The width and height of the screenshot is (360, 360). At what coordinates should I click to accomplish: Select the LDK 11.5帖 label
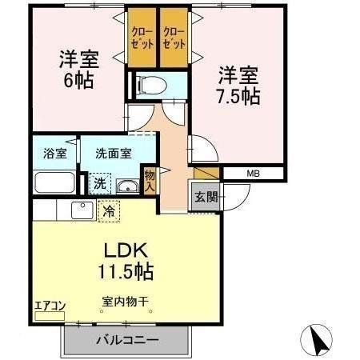126,260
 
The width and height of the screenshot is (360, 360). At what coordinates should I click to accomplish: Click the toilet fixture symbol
150,84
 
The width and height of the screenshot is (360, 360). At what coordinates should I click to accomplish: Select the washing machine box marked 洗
99,182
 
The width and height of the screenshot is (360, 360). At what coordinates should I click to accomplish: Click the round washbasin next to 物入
126,188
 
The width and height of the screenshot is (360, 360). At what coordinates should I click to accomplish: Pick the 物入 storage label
150,181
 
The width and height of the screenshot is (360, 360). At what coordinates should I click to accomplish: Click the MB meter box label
253,173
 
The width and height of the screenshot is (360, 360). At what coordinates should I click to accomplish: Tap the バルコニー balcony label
127,338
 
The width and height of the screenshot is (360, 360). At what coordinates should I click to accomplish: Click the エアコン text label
48,305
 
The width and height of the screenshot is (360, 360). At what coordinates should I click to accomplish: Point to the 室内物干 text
126,302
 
